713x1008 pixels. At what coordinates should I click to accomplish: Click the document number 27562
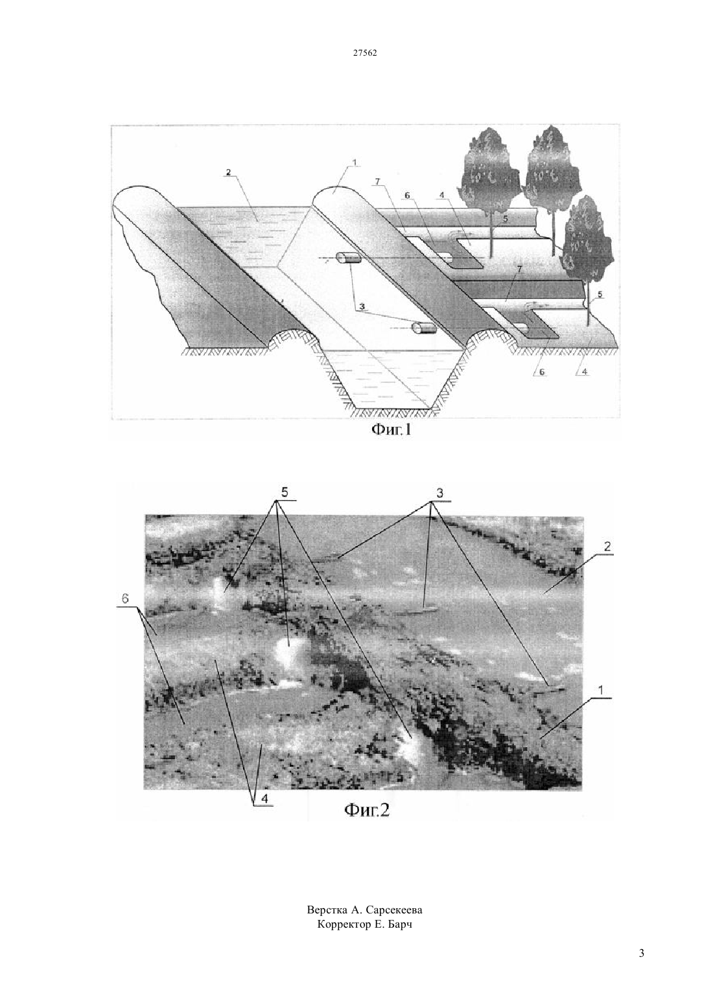tap(365, 52)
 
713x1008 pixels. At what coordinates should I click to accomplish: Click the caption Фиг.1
tap(391, 430)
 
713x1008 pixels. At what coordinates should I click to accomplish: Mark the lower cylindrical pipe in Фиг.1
tap(424, 328)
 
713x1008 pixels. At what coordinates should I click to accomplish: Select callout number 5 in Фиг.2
tap(284, 493)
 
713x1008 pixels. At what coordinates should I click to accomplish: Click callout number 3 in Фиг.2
tap(439, 493)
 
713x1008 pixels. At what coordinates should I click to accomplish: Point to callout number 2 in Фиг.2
tap(607, 547)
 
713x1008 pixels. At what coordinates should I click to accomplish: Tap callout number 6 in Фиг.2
tap(125, 598)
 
